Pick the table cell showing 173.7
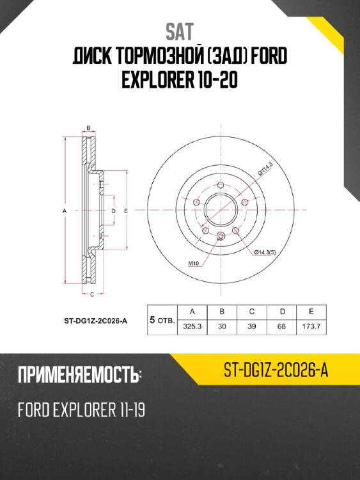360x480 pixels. [311, 326]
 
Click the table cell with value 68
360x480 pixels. [282, 326]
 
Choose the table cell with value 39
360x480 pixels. [252, 326]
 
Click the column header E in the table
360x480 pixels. [311, 312]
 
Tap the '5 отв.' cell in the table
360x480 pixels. [162, 319]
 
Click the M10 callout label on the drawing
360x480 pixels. [192, 263]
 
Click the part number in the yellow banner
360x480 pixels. [276, 371]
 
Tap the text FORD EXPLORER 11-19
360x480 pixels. [81, 410]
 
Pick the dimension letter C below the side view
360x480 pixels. [92, 294]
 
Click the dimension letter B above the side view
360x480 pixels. [89, 128]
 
